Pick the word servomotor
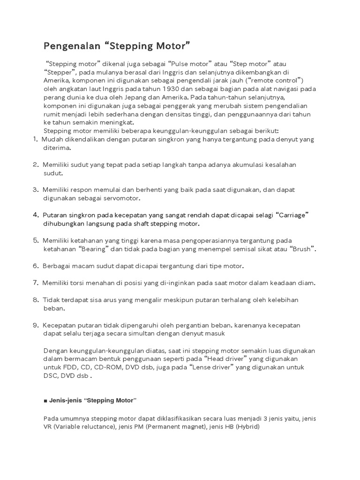pos(121,198)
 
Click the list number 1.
pos(36,139)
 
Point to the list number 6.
pos(36,266)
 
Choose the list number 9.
pos(36,325)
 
